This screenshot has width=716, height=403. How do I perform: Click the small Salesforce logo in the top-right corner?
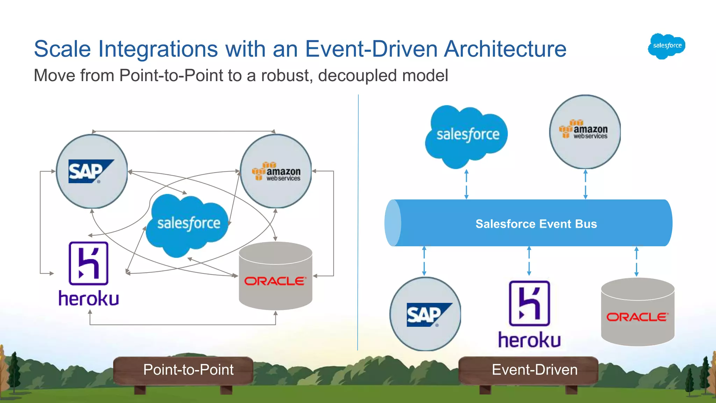(666, 46)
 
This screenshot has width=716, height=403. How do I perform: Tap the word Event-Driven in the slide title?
(371, 49)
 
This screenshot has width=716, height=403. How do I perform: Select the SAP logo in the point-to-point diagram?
(92, 171)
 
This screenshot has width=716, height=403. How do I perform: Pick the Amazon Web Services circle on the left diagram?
(276, 171)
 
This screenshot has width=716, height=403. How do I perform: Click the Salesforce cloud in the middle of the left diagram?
(188, 224)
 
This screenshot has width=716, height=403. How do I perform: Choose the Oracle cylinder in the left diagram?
(275, 276)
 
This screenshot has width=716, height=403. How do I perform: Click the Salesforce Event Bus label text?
(536, 224)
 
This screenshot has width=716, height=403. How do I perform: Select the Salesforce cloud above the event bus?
(467, 135)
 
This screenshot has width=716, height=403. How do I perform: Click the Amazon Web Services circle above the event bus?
(585, 132)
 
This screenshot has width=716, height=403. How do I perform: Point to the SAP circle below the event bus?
(425, 314)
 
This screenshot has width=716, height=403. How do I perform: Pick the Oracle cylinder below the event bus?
(637, 312)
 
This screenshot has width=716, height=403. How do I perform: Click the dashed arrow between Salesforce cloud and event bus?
(466, 184)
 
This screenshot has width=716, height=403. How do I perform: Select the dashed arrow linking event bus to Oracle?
(636, 261)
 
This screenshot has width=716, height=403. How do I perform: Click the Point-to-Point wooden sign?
(184, 370)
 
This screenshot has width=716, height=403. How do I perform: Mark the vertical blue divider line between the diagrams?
(358, 224)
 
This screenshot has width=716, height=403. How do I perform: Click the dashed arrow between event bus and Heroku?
(529, 261)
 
